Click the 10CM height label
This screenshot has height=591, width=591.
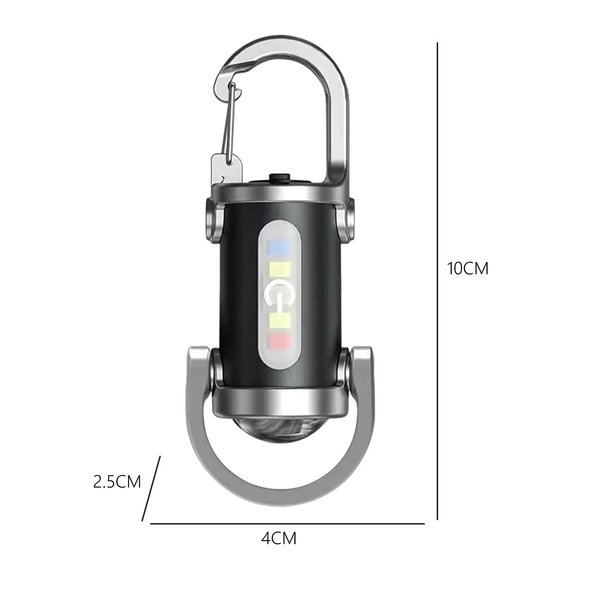pos(468,269)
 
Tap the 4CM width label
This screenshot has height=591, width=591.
pos(279,539)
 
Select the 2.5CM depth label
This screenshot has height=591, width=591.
pos(117,482)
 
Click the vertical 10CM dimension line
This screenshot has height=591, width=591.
pos(438,281)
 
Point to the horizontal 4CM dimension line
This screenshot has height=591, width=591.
pos(287,523)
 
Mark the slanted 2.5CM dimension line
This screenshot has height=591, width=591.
pos(151,488)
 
